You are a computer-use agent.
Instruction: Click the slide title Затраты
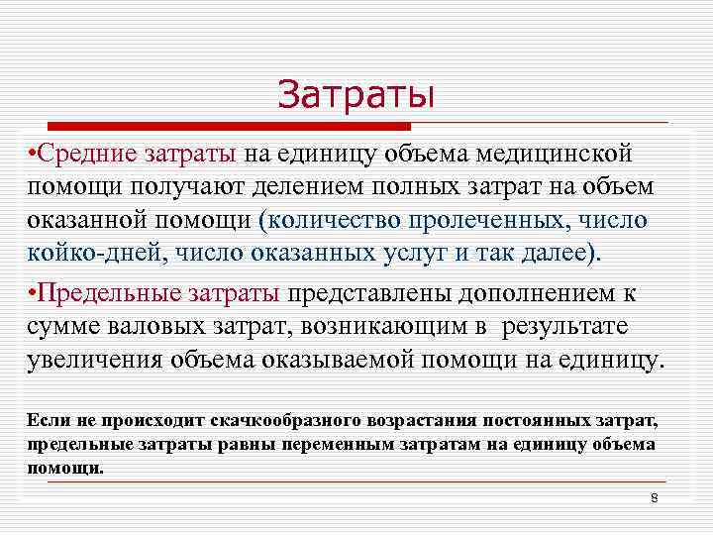click(x=356, y=94)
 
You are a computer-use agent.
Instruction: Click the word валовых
click(x=165, y=327)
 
